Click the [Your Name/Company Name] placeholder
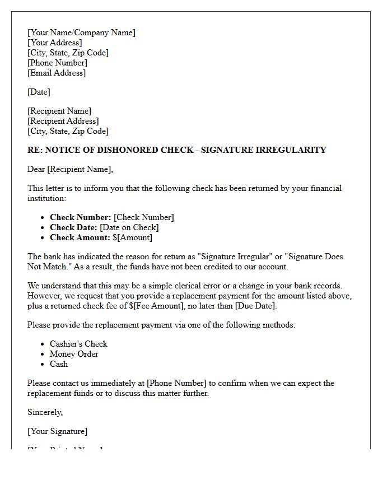81,32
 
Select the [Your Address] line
54,43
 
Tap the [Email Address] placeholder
57,73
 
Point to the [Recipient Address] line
63,121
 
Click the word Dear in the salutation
36,169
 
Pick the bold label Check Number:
80,217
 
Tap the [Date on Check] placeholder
129,227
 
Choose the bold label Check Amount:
80,237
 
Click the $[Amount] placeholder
132,237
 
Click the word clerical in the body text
206,286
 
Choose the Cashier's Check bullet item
78,344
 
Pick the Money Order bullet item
74,354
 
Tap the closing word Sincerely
45,412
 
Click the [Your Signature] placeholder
57,431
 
